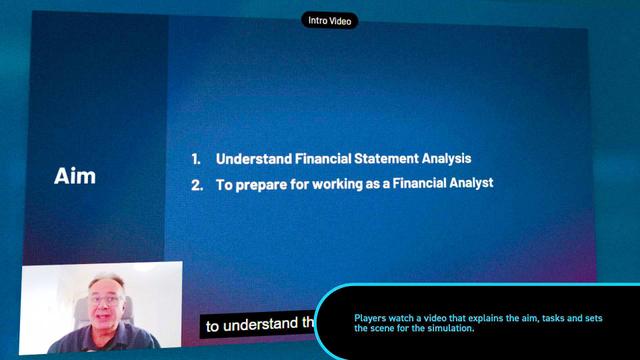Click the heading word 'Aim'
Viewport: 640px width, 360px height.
(75, 176)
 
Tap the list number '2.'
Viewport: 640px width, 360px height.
(197, 184)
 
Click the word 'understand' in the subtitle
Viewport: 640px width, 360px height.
(262, 324)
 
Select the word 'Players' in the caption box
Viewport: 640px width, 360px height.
(370, 319)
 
